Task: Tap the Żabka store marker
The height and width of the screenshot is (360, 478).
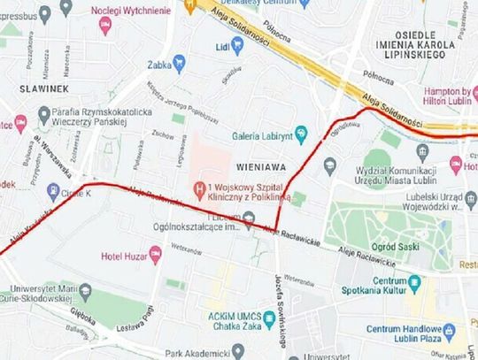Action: (179, 62)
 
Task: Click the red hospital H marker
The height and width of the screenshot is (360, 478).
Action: (202, 188)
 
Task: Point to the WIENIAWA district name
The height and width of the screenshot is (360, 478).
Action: (258, 165)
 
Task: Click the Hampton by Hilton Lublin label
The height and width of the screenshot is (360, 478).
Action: (436, 96)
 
